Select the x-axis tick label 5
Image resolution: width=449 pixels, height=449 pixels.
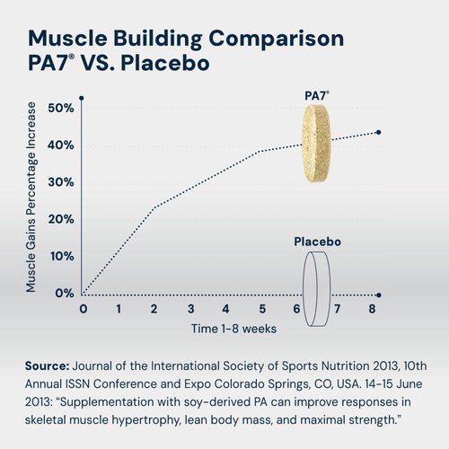pyautogui.click(x=260, y=309)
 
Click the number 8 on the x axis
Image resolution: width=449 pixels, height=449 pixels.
pyautogui.click(x=372, y=309)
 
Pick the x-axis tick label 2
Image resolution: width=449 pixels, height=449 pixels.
pyautogui.click(x=154, y=309)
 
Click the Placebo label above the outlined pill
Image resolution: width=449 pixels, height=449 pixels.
pyautogui.click(x=317, y=242)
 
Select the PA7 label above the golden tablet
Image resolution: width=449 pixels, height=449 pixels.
pyautogui.click(x=314, y=94)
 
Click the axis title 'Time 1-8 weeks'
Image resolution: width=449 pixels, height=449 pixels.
pyautogui.click(x=233, y=329)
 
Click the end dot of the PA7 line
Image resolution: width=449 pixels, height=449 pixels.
pyautogui.click(x=378, y=132)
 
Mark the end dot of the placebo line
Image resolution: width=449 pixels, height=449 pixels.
pyautogui.click(x=378, y=295)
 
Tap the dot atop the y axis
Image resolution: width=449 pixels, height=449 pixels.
pyautogui.click(x=82, y=97)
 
